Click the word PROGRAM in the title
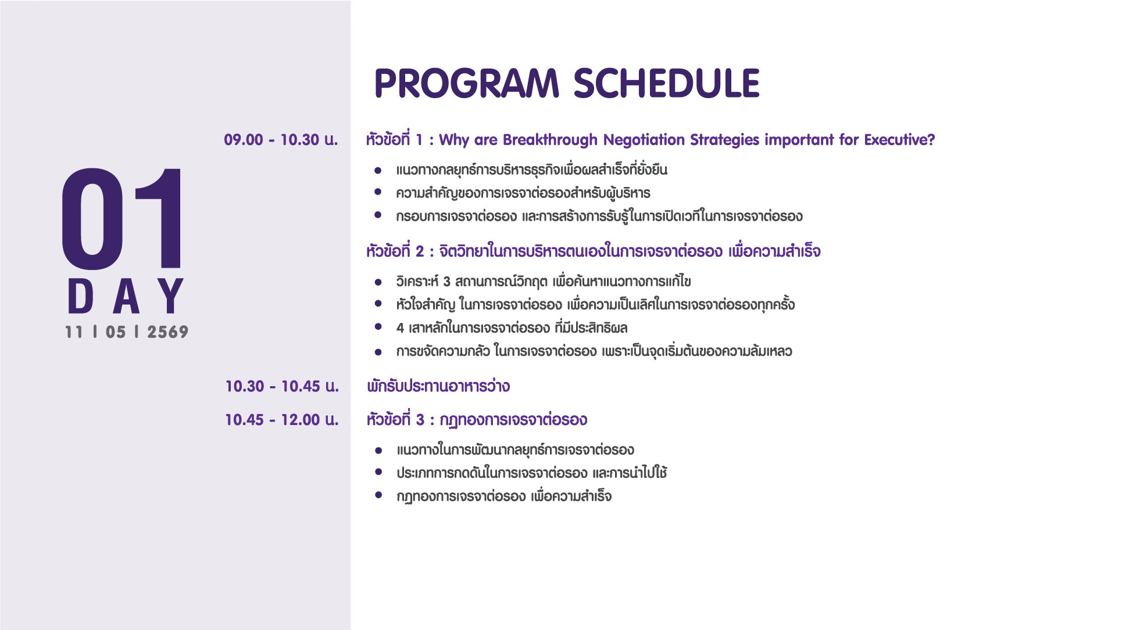point(467,83)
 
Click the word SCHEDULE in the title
point(667,83)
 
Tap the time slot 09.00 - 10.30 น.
point(281,140)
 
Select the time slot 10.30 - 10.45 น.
point(282,386)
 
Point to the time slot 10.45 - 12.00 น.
point(282,420)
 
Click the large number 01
point(122,219)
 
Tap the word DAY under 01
point(126,296)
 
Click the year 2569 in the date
point(168,332)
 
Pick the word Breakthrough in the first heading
point(550,140)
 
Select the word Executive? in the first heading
point(899,140)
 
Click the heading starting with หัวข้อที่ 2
point(593,251)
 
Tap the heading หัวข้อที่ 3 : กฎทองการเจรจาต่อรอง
point(477,419)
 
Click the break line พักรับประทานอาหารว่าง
point(438,386)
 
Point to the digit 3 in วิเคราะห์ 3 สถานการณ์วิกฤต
point(446,282)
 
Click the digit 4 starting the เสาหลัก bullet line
point(400,328)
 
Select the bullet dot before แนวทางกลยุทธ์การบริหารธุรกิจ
point(378,170)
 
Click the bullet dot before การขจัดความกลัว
point(378,351)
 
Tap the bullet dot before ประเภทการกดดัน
point(378,473)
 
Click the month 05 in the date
point(116,332)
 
